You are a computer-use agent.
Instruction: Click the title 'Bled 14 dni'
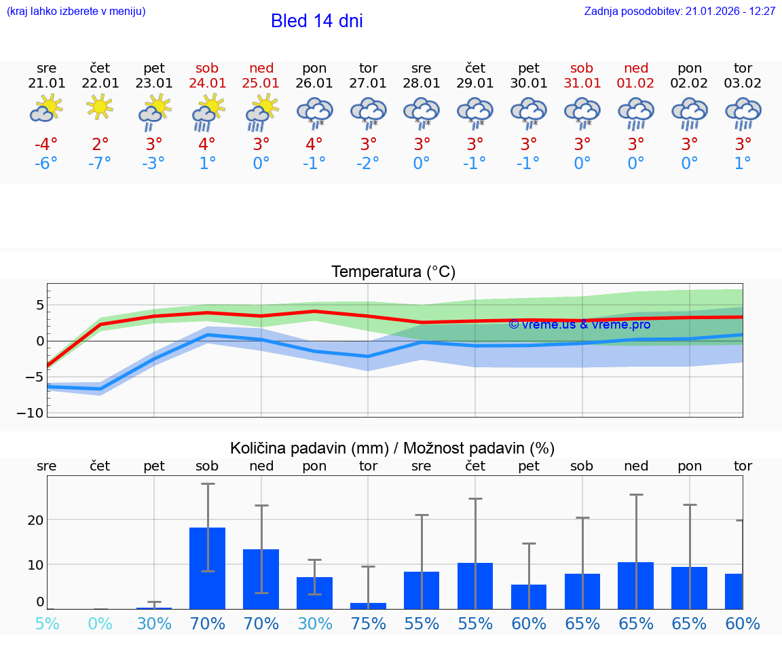(316, 21)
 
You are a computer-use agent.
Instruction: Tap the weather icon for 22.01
(100, 107)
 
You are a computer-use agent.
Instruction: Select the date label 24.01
(207, 84)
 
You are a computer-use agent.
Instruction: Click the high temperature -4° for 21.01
(46, 145)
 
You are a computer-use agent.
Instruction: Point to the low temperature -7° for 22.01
(100, 164)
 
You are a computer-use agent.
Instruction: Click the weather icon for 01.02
(635, 113)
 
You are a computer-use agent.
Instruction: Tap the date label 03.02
(743, 84)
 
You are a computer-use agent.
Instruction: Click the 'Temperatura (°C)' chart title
(393, 272)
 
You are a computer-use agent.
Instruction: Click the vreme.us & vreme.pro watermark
(579, 325)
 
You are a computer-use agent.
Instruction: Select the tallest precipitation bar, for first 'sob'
(207, 568)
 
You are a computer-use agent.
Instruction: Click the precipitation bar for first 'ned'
(261, 578)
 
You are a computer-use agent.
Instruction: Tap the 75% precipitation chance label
(368, 623)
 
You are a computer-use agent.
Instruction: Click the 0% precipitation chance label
(100, 623)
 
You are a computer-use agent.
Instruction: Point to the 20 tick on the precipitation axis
(35, 520)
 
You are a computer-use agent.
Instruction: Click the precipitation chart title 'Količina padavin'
(392, 448)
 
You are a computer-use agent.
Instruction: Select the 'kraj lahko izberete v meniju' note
(76, 12)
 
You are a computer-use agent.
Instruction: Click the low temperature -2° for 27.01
(368, 164)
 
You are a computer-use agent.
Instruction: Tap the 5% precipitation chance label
(46, 623)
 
